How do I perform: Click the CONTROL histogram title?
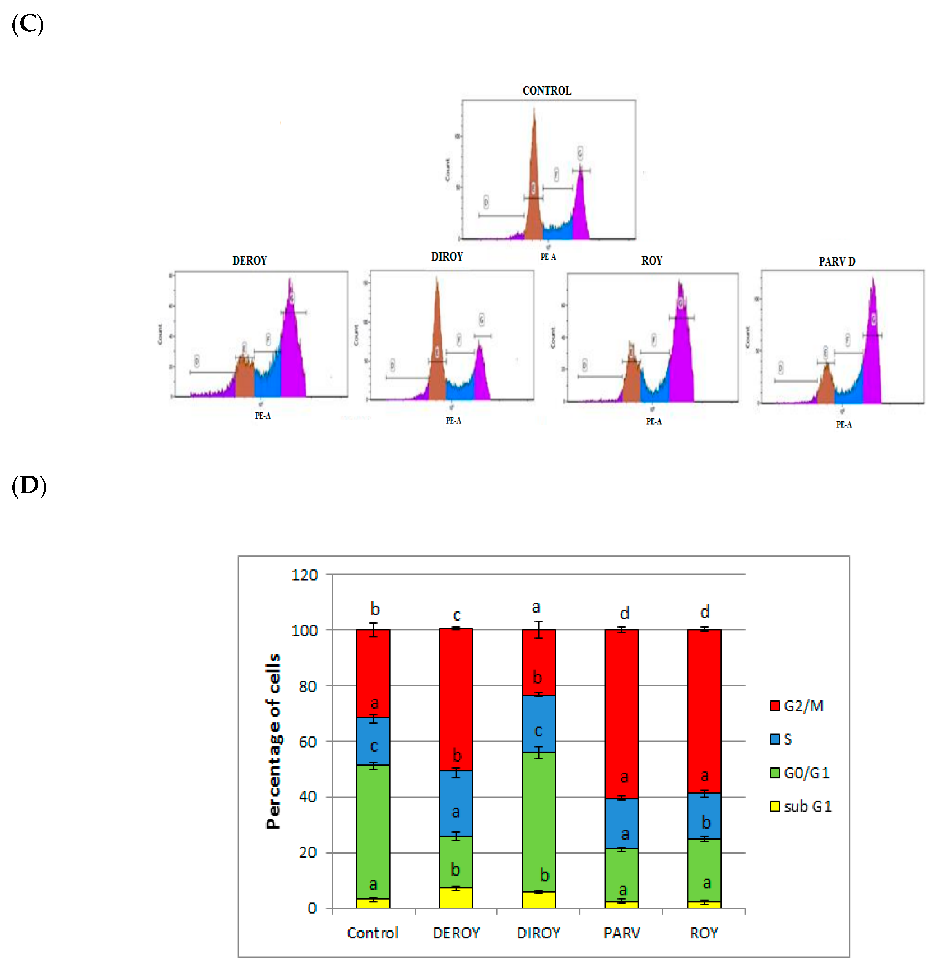tap(546, 90)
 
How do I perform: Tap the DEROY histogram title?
tap(249, 261)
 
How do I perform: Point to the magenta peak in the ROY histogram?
tap(681, 347)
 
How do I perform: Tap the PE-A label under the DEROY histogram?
tap(263, 416)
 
